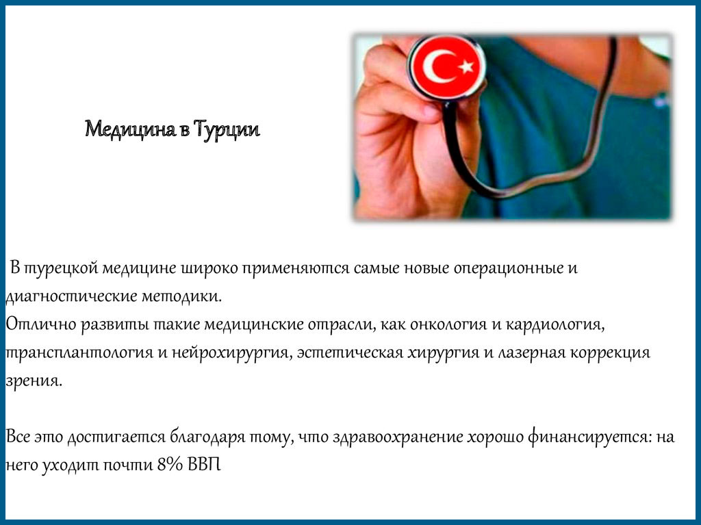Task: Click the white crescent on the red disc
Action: pyautogui.click(x=439, y=66)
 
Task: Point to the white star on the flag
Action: pyautogui.click(x=466, y=66)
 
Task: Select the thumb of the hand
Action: pyautogui.click(x=398, y=105)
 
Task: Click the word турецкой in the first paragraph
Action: pyautogui.click(x=60, y=269)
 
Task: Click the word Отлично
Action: pyautogui.click(x=41, y=324)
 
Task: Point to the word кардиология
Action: pyautogui.click(x=555, y=324)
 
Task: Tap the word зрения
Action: pyautogui.click(x=34, y=381)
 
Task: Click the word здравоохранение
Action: pyautogui.click(x=398, y=437)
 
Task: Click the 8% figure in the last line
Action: pyautogui.click(x=170, y=465)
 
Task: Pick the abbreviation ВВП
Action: pyautogui.click(x=204, y=465)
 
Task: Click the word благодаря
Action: pyautogui.click(x=208, y=437)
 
